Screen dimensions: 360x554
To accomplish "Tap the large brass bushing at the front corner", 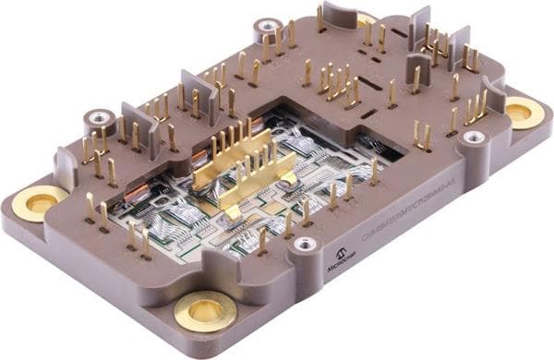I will point(205,311).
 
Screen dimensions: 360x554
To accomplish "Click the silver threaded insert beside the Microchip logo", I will point(304,245).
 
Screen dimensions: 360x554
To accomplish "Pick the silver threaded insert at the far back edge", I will point(267,27).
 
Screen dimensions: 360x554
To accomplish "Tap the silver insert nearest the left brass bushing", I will point(98,118).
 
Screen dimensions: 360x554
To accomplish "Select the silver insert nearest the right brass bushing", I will point(474,138).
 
